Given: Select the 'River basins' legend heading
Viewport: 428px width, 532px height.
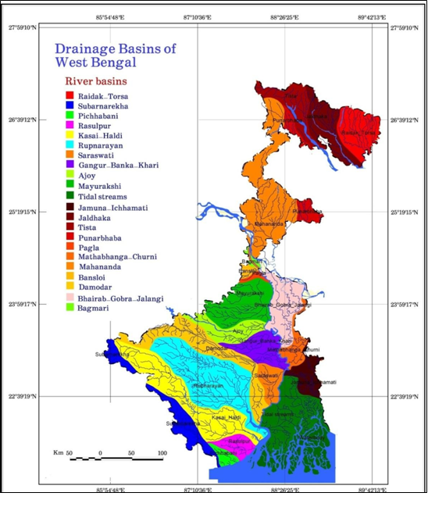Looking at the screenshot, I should (95, 80).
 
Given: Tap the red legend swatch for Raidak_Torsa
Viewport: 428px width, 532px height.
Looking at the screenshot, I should (70, 95).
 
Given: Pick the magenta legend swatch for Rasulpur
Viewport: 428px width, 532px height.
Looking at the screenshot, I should (70, 125).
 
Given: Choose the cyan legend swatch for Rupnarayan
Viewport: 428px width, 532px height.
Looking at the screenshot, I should (70, 145).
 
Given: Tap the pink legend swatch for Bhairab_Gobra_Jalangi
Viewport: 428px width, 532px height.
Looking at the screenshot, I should (70, 298).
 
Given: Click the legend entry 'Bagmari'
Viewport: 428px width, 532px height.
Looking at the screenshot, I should (98, 307).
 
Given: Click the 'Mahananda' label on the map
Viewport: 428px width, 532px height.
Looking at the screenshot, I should (269, 224).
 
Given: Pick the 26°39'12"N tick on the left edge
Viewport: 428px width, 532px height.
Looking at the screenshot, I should (21, 120).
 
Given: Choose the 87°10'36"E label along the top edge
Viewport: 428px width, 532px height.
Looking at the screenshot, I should (201, 18).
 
